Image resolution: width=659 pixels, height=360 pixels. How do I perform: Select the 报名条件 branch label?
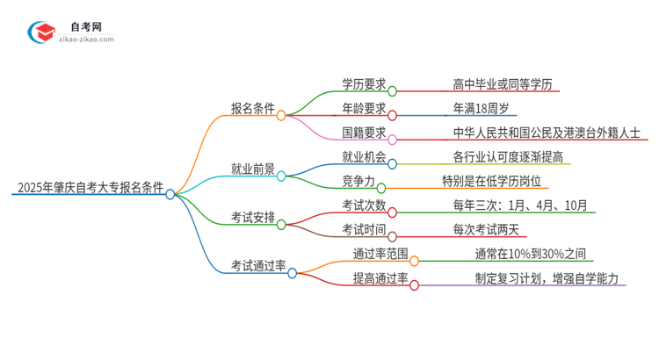251,108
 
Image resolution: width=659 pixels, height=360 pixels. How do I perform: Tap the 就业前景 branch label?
251,169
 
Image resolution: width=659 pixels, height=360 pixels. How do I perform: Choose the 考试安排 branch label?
251,217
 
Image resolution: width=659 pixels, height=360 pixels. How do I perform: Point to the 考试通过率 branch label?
258,265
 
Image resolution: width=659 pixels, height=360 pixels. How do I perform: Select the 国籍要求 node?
364,133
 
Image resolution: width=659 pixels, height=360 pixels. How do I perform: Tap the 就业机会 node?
364,157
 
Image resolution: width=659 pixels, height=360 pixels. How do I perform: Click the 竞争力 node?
358,181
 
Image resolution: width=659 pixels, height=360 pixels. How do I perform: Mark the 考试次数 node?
364,205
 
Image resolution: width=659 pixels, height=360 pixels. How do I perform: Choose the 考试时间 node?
364,229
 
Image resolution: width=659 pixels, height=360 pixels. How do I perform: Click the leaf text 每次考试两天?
486,229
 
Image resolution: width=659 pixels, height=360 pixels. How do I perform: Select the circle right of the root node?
170,194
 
